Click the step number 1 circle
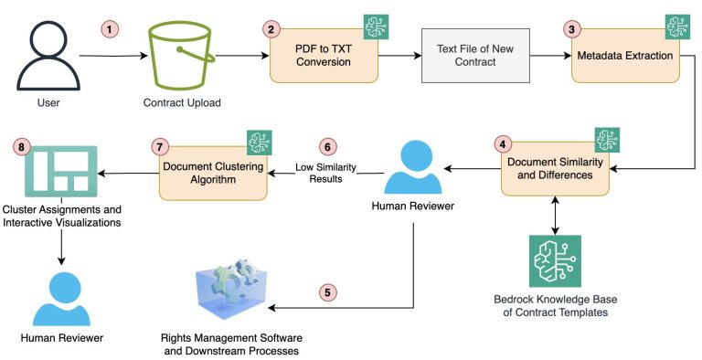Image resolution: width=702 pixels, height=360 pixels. coord(111,29)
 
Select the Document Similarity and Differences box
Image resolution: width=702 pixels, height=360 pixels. coord(555,167)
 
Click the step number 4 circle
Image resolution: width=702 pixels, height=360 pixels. coord(502,143)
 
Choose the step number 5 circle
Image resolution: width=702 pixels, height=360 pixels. coord(328,292)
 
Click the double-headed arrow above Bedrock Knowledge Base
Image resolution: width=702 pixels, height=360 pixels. coord(555,214)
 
